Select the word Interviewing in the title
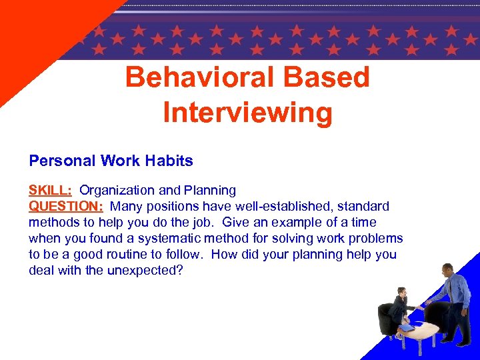click(247, 112)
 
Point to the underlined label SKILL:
click(51, 191)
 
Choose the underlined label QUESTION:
click(66, 207)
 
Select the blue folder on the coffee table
click(407, 327)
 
